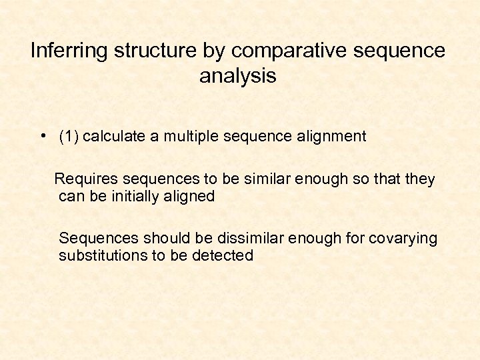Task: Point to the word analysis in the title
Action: [x=237, y=76]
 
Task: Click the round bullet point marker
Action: [x=42, y=136]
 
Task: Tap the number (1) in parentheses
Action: [x=69, y=137]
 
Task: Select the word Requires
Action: [x=83, y=179]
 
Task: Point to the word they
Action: [x=420, y=179]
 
